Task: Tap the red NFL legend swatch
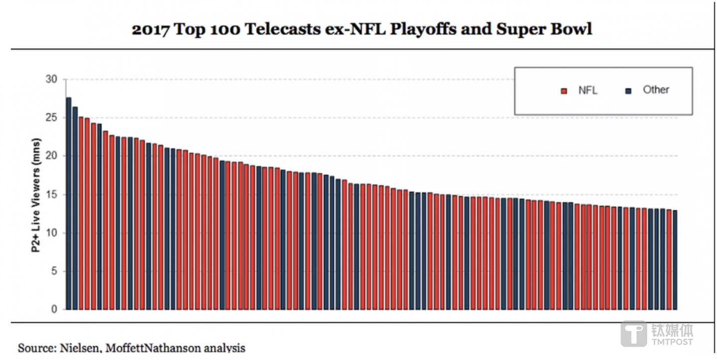click(x=564, y=91)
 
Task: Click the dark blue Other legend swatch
click(x=628, y=91)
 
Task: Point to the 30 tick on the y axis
click(x=52, y=80)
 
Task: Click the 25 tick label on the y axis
click(x=52, y=118)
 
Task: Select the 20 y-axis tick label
click(x=52, y=156)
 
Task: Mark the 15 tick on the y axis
click(x=52, y=195)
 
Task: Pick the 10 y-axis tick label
click(x=52, y=233)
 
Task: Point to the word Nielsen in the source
click(x=80, y=348)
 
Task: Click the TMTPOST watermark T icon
click(x=633, y=333)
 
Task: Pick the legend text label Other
click(x=656, y=90)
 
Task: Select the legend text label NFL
click(x=588, y=91)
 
